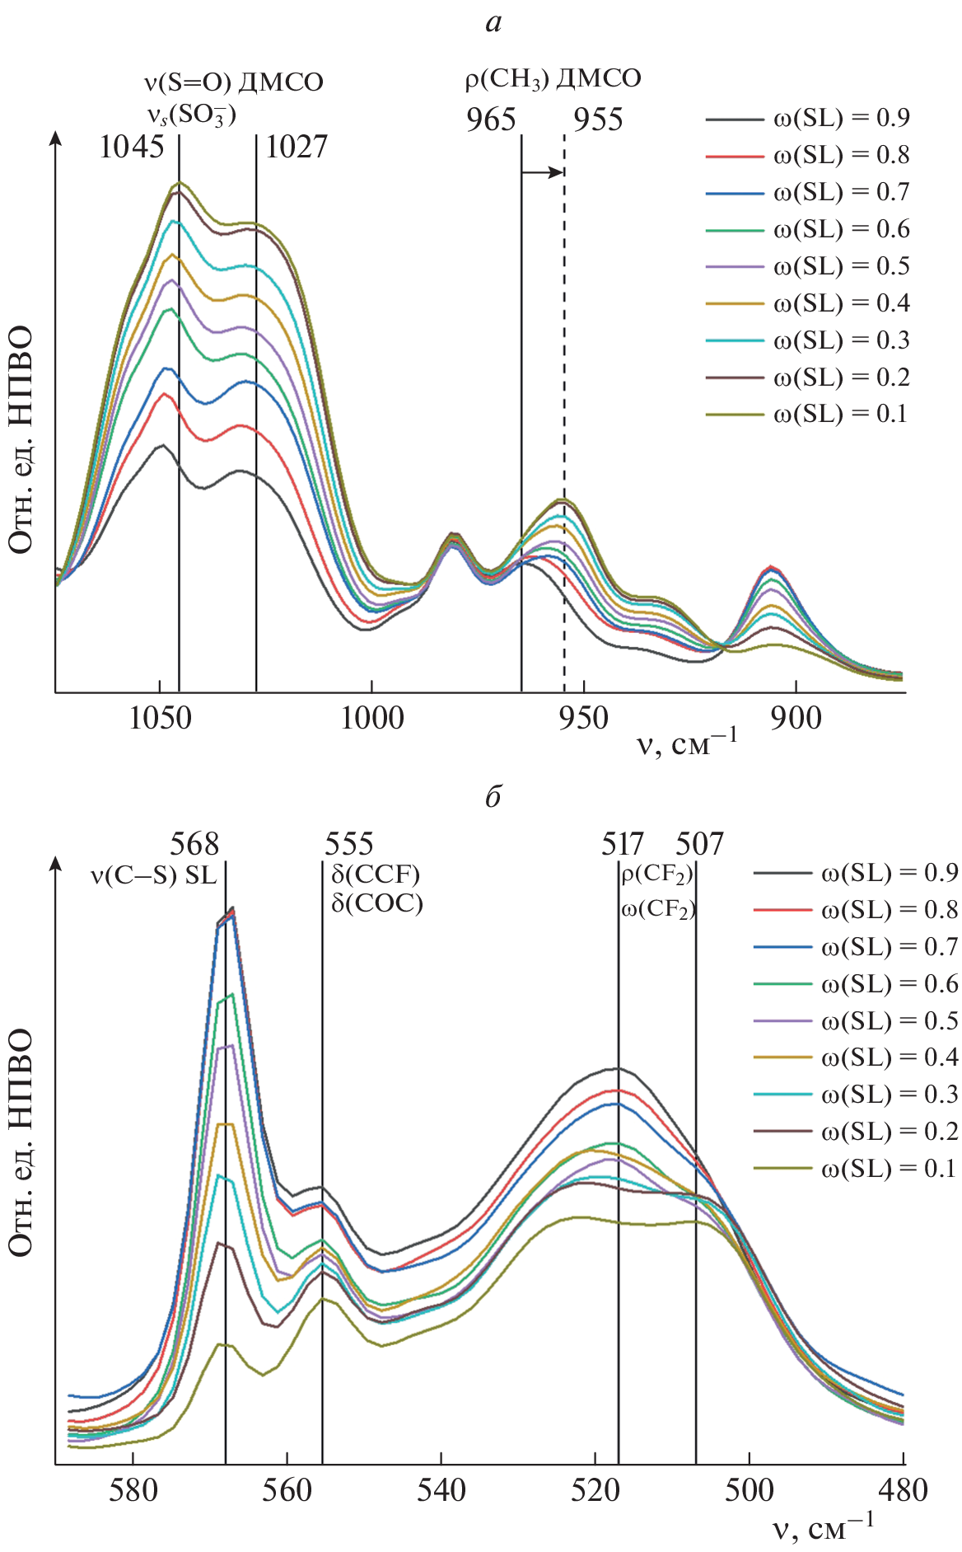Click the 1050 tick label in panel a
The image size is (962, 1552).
[x=160, y=718]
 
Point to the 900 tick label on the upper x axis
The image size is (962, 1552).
[x=796, y=718]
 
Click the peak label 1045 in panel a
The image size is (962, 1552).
[x=132, y=147]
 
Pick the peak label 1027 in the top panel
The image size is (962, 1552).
[x=297, y=147]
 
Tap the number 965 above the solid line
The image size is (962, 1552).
[x=491, y=120]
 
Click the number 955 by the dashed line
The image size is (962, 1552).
[x=599, y=120]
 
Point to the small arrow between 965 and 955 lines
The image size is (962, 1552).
[x=542, y=172]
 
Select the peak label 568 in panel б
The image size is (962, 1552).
[x=194, y=843]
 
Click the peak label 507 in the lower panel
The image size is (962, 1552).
[x=699, y=843]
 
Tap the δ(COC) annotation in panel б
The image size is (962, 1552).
[x=377, y=903]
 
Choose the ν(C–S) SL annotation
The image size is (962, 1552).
[x=153, y=875]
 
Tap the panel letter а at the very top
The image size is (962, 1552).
[x=493, y=22]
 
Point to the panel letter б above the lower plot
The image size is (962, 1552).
[x=493, y=796]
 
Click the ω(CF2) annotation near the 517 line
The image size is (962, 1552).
[x=658, y=909]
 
